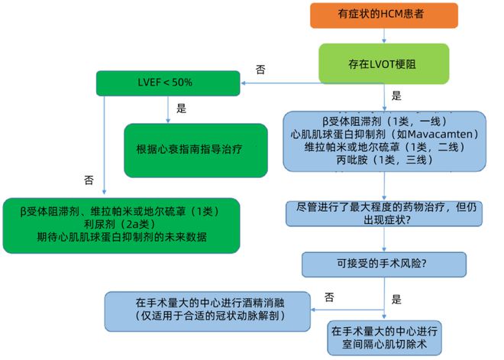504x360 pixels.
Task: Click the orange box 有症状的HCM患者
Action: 384,15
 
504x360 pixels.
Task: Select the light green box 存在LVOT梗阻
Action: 384,63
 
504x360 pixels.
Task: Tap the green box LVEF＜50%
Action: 168,83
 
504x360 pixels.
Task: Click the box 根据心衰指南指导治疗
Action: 195,151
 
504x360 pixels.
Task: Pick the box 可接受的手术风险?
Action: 384,264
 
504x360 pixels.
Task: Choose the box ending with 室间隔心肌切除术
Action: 384,338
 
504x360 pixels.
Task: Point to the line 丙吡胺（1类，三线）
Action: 384,160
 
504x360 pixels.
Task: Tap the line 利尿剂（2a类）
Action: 120,224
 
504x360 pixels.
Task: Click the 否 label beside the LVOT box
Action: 260,70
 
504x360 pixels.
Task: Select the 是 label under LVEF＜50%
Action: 181,108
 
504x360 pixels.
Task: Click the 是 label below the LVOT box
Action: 396,96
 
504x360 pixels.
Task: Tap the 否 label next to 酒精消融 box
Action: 329,297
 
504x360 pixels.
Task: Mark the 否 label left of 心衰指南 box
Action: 89,180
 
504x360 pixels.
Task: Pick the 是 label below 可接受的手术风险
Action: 396,299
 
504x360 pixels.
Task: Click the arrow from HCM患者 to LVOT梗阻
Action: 384,36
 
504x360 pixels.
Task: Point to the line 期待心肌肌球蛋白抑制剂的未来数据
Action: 121,237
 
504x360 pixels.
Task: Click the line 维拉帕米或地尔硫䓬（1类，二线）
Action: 384,147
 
